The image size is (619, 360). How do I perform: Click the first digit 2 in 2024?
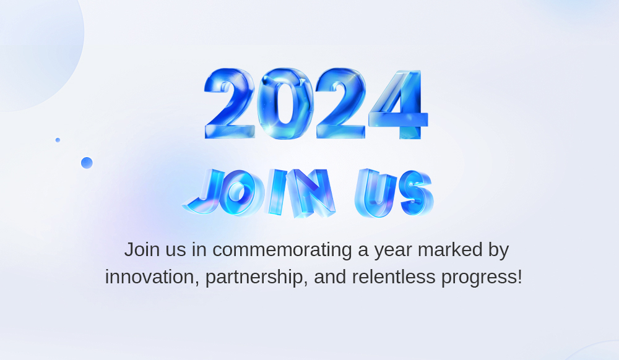(x=230, y=103)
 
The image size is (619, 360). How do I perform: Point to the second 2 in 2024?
(x=340, y=103)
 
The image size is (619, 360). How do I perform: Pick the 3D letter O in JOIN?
(x=241, y=193)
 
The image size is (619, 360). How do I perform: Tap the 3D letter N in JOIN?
(x=312, y=193)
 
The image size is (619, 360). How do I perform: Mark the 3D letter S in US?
(x=417, y=193)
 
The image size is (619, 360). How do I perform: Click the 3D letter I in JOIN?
(x=277, y=192)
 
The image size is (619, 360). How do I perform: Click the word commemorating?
(x=282, y=250)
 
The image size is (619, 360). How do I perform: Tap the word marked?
(x=450, y=250)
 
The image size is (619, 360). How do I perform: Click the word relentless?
(x=394, y=276)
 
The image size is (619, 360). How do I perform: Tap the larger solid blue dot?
(x=87, y=163)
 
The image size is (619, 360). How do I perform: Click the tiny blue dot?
(x=58, y=140)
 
